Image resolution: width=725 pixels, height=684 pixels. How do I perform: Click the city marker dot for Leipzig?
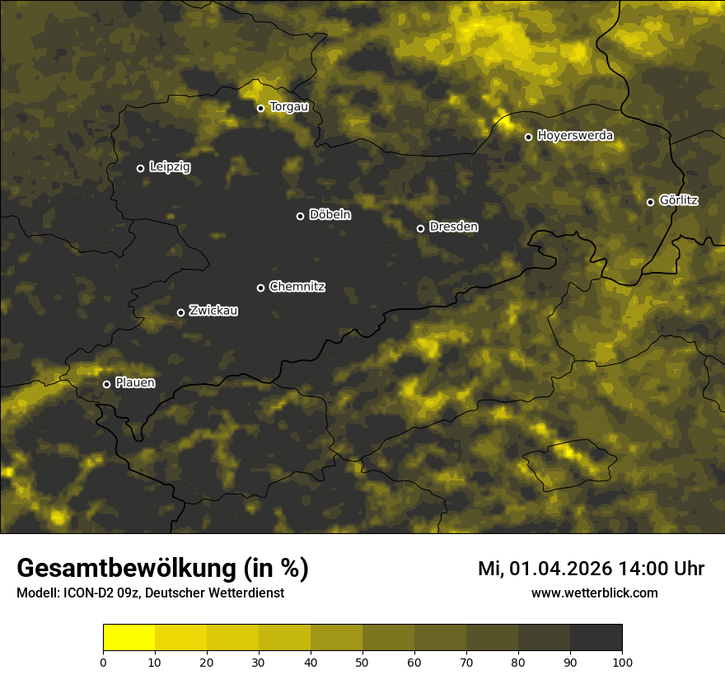coord(140,168)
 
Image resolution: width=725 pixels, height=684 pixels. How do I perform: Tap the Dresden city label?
coord(453,227)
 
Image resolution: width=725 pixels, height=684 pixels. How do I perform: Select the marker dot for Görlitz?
coord(650,202)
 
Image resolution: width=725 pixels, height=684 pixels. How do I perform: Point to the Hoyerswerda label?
coord(574,136)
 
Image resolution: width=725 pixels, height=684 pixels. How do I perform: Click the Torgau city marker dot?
coord(260,108)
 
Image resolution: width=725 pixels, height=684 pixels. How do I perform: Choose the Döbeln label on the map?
coord(330,215)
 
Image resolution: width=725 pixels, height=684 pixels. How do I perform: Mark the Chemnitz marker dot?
coord(260,288)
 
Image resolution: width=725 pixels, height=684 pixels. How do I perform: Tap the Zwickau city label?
coord(213,311)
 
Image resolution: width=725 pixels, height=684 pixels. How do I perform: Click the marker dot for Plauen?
coord(106,384)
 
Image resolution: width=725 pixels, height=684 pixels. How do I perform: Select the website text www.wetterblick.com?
coord(594,593)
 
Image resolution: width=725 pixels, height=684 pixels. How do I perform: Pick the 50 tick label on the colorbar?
coord(362,662)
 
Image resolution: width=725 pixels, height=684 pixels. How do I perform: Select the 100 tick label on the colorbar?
coord(622,662)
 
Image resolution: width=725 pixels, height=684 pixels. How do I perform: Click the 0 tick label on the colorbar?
coord(103,662)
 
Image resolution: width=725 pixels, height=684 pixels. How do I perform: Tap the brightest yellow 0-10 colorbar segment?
coord(129,638)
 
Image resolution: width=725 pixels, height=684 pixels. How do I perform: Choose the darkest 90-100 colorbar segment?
coord(596,638)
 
